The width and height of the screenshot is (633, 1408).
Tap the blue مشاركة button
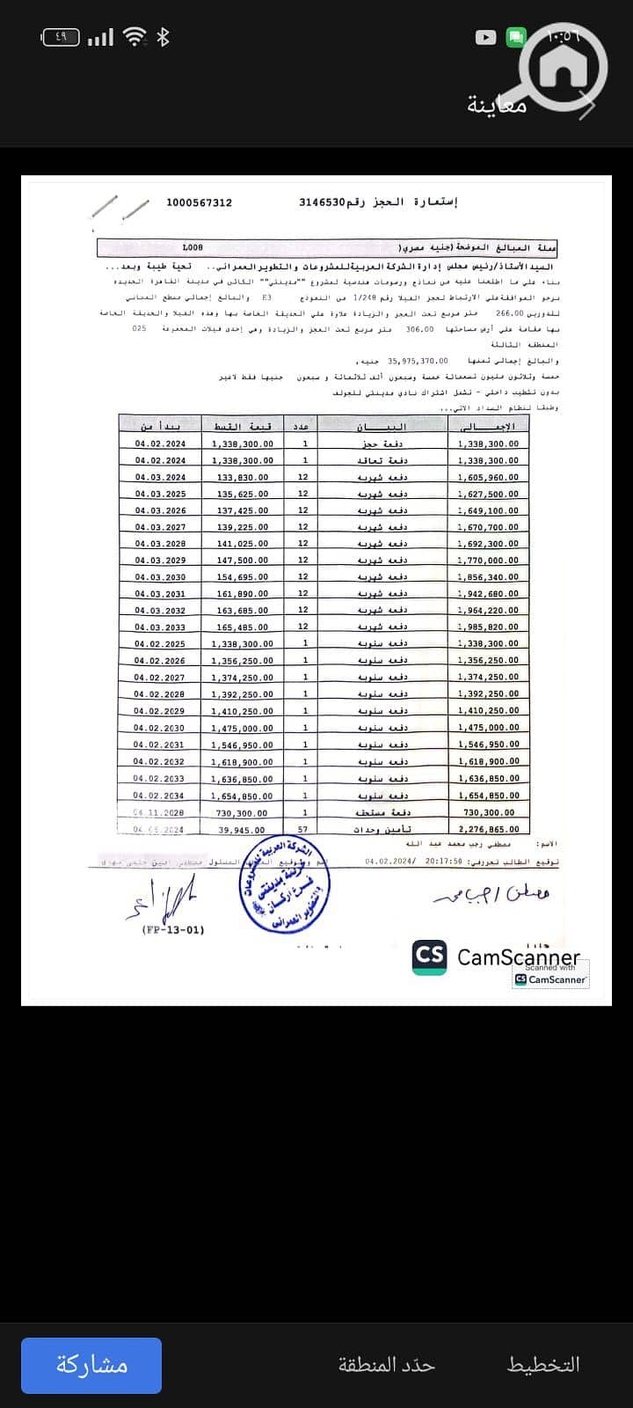91,1365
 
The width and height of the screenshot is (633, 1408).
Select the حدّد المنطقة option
387,1365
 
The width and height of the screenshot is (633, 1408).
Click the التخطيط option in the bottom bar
543,1365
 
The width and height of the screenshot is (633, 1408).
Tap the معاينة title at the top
497,106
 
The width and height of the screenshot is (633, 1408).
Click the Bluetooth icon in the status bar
163,37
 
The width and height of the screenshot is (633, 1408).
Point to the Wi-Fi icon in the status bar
135,37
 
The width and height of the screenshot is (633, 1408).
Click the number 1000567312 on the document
200,202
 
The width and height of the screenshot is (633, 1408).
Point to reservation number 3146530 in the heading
323,202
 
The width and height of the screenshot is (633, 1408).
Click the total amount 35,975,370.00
418,361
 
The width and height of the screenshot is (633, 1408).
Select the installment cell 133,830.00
243,477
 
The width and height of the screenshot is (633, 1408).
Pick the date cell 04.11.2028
159,813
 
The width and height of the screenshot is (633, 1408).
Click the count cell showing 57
303,830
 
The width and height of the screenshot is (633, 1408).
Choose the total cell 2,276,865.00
488,829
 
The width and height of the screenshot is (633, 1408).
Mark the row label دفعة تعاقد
382,460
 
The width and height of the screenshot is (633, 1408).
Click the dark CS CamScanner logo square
430,957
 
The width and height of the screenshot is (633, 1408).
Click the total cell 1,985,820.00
488,627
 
